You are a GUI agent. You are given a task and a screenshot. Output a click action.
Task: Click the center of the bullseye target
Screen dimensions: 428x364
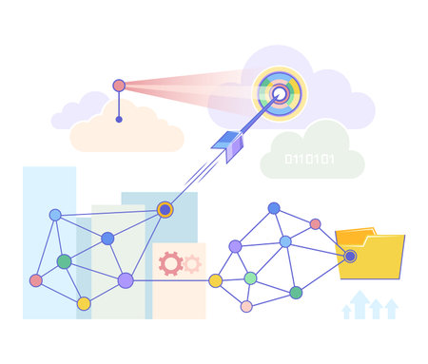tap(280, 93)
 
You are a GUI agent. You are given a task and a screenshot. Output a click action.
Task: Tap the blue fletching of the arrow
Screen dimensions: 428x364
tap(227, 144)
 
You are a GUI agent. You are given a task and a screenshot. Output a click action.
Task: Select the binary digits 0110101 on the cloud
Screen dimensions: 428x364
tap(310, 159)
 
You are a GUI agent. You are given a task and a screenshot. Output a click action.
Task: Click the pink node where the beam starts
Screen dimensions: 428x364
tap(119, 86)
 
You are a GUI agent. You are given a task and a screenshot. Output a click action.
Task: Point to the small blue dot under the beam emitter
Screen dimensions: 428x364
tap(119, 120)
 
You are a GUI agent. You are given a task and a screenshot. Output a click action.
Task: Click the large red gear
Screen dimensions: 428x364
tap(171, 263)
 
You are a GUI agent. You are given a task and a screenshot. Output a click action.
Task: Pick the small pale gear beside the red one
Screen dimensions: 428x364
tap(192, 263)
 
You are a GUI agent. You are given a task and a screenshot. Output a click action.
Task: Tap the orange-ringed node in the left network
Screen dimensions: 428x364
tap(165, 209)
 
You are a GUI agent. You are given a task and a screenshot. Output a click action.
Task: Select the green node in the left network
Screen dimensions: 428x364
tap(64, 261)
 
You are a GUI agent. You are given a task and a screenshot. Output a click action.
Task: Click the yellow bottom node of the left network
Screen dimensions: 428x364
tap(84, 304)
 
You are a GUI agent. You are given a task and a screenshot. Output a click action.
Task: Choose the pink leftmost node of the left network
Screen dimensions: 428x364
tap(36, 280)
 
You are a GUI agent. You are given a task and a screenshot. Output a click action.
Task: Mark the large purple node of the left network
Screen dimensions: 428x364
tap(126, 280)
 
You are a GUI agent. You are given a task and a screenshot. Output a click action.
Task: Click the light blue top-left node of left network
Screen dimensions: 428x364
tap(55, 215)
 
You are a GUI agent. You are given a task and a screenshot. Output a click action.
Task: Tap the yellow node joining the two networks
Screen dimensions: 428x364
tap(216, 280)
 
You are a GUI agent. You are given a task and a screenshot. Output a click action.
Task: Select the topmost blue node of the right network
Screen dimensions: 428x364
tap(274, 208)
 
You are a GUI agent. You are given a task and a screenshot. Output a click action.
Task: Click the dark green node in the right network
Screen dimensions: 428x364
tap(296, 293)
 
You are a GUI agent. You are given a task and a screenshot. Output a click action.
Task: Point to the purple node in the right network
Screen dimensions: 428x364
tap(235, 246)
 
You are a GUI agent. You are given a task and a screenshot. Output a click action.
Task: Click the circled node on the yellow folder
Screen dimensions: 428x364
tap(350, 256)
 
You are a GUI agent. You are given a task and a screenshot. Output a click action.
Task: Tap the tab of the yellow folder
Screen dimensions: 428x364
tap(356, 232)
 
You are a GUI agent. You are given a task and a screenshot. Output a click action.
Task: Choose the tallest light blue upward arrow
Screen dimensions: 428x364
tap(360, 302)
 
